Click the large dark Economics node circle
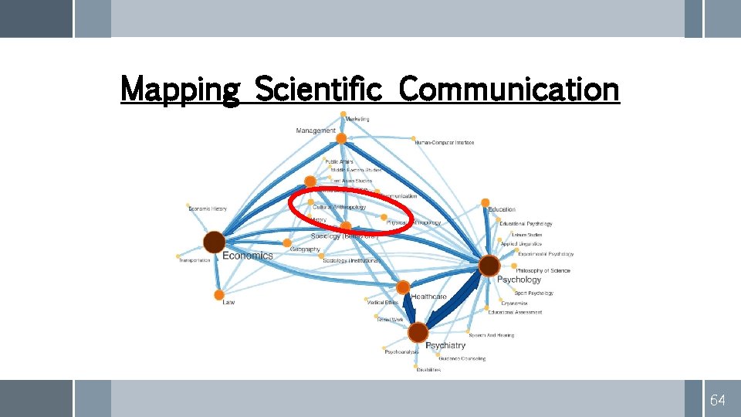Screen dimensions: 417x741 [214, 242]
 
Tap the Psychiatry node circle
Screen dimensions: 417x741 [418, 333]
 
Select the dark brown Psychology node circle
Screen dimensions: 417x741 [489, 266]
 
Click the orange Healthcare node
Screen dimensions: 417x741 [403, 287]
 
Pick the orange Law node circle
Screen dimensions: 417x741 [219, 294]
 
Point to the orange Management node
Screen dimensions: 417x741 [341, 138]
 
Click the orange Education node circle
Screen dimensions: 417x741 [485, 203]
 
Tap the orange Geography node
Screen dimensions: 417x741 [287, 242]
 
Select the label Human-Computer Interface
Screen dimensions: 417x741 [444, 143]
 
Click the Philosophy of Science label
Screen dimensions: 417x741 [543, 270]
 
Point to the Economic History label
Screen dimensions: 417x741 [208, 208]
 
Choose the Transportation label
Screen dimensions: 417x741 [195, 260]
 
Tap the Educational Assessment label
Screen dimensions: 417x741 [515, 312]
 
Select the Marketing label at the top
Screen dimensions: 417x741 [357, 119]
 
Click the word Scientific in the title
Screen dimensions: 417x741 [318, 90]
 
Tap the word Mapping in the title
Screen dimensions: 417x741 [181, 90]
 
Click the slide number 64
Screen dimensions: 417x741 [717, 400]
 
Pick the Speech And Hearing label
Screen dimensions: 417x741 [491, 335]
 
